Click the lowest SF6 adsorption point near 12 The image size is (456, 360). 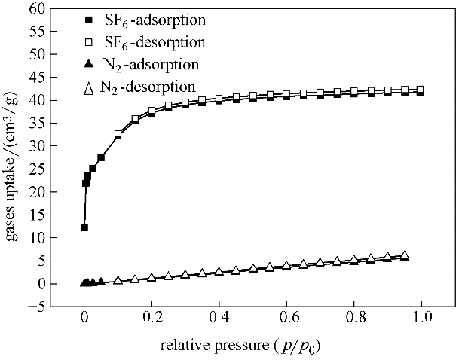pos(84,227)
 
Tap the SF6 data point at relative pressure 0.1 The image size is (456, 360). pos(118,135)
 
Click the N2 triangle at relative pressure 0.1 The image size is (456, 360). pos(118,280)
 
